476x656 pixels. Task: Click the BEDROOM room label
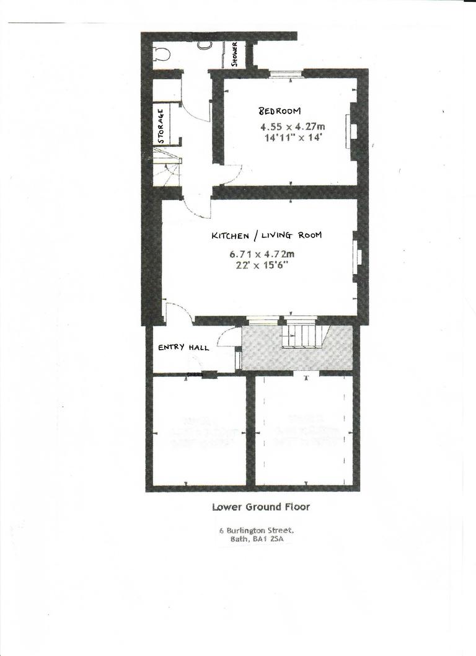click(280, 111)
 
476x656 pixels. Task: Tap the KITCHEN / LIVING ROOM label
click(267, 236)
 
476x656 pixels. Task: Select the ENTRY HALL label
click(183, 347)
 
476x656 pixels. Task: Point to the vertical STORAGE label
click(161, 126)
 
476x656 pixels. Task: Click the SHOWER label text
click(235, 54)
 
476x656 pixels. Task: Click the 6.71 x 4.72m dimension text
click(262, 254)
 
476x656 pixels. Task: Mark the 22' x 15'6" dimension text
click(262, 265)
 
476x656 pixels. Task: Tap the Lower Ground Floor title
click(261, 507)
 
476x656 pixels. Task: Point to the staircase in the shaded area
click(301, 335)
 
